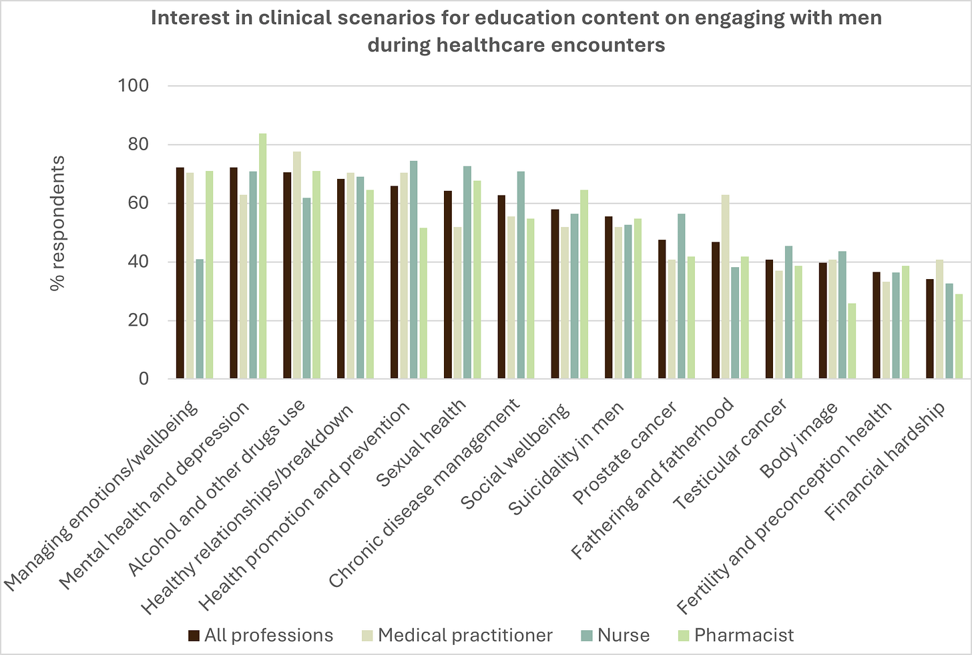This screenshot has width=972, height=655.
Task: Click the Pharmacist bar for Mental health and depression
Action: tap(263, 256)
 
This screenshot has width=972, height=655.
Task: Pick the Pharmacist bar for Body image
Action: tap(851, 341)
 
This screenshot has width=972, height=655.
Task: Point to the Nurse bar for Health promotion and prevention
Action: tap(414, 270)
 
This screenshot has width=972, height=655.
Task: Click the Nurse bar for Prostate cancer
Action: tap(681, 296)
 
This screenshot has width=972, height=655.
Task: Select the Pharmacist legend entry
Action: tap(734, 635)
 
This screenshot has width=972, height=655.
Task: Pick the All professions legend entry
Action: tap(260, 635)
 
